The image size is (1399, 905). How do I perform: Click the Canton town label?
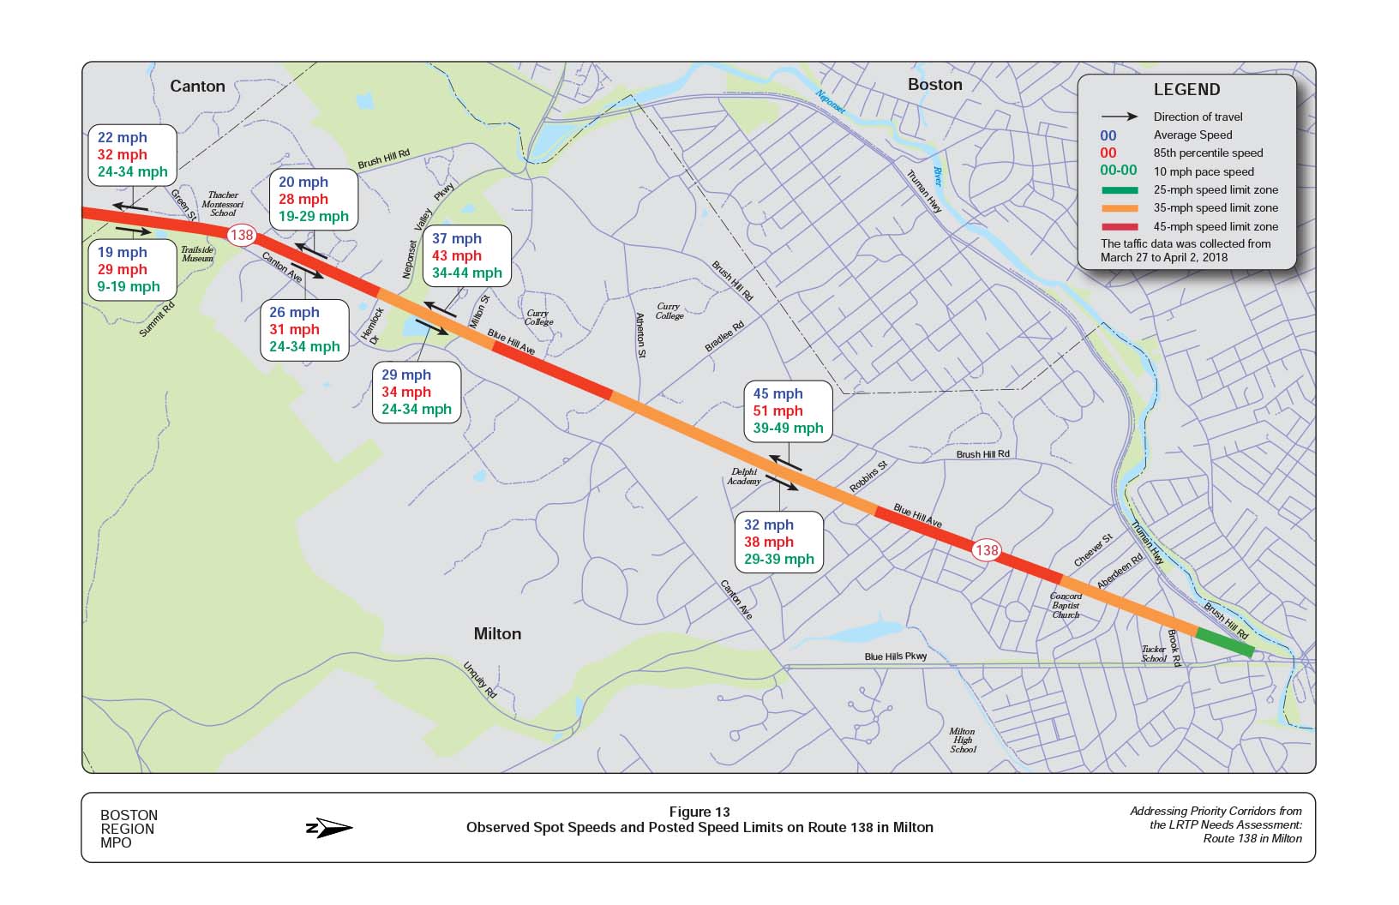click(197, 86)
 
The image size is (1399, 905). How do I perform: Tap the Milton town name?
click(497, 633)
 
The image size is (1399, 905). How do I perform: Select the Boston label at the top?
click(934, 84)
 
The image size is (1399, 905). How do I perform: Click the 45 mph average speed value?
click(778, 394)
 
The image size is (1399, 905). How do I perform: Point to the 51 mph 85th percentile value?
click(778, 411)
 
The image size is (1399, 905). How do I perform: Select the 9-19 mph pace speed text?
click(129, 287)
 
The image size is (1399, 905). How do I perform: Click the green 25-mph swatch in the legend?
click(1120, 190)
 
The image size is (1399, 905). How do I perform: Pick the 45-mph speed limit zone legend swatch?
click(1120, 227)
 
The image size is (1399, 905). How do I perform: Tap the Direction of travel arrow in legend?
click(1120, 117)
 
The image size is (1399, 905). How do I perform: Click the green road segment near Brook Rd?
click(1225, 642)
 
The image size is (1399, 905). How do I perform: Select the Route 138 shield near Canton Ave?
click(242, 235)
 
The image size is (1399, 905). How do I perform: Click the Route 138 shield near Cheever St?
click(986, 550)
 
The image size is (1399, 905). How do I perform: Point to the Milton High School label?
click(963, 740)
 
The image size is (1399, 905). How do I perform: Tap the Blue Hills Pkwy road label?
click(896, 656)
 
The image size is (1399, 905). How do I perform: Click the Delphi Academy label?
click(744, 476)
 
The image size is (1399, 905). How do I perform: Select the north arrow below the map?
click(330, 828)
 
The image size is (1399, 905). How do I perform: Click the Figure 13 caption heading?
click(699, 812)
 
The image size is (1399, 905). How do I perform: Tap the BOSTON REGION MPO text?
click(129, 829)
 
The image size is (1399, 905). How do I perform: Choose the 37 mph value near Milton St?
click(456, 239)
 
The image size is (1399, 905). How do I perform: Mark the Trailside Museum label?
click(196, 254)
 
